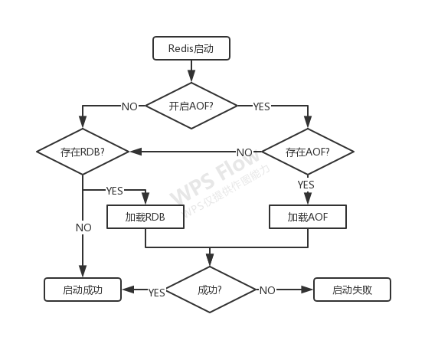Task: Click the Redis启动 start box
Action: coord(191,48)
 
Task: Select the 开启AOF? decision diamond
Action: coord(191,106)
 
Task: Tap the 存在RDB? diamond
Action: coord(83,152)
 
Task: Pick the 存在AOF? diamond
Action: coord(308,152)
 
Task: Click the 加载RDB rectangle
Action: coord(145,217)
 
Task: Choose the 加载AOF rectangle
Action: coord(308,217)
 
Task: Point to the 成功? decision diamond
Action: coord(210,290)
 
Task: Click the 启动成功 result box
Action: coord(83,290)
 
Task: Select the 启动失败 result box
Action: coord(352,290)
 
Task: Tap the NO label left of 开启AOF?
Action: coord(129,106)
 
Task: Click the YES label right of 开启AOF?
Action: coord(261,106)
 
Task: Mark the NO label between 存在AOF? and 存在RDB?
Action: coord(244,152)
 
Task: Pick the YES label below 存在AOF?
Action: coord(306,185)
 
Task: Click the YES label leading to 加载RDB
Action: coord(115,191)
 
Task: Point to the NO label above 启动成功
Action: coord(83,227)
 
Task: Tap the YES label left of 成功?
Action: coord(157,293)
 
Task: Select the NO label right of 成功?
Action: coord(267,291)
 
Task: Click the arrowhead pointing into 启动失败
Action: coord(307,290)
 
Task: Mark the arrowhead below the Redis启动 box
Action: coord(191,76)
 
